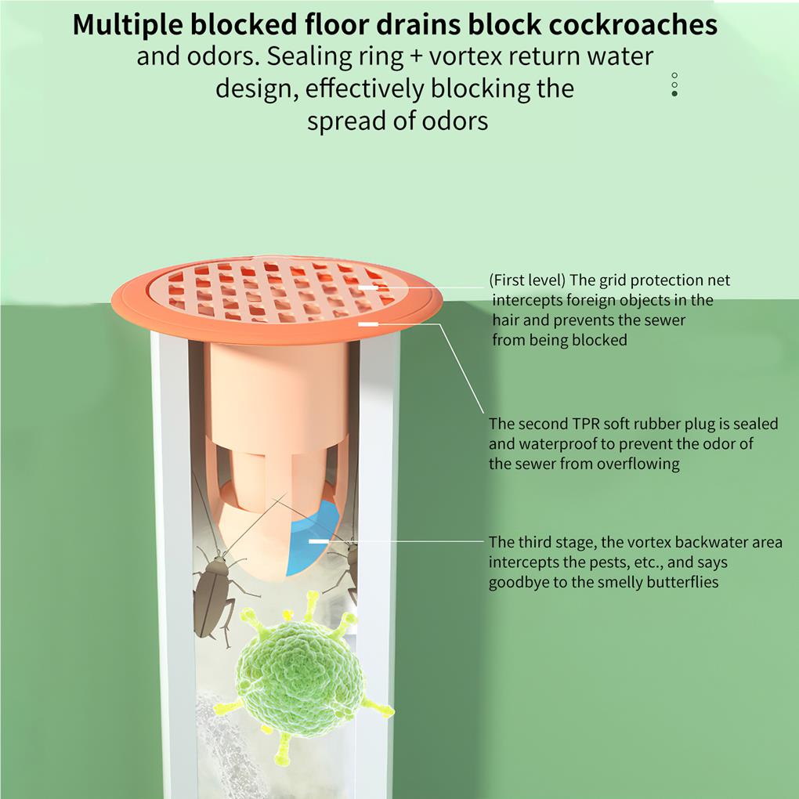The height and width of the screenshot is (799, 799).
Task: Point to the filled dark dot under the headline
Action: [674, 94]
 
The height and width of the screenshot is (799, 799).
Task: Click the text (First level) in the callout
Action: [527, 280]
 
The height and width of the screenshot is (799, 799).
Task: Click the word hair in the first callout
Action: [506, 320]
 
